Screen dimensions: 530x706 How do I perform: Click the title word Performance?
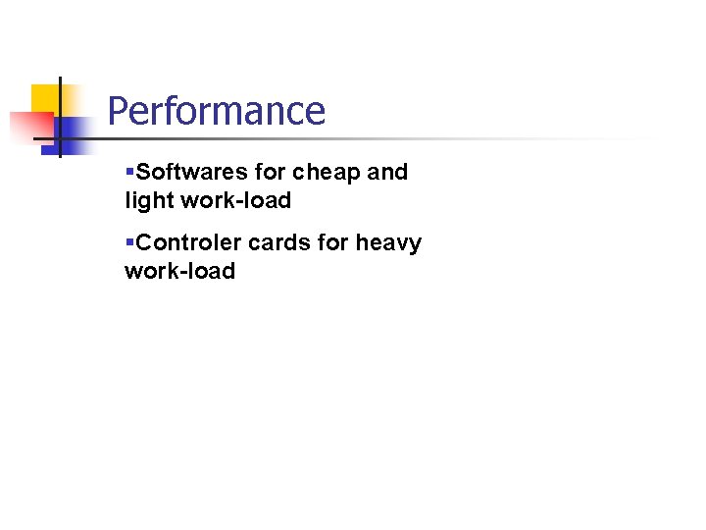[x=216, y=111]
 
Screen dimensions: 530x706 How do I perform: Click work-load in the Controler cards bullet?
[x=179, y=271]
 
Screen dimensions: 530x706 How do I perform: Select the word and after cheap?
[x=387, y=173]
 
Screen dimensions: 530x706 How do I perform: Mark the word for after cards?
[x=333, y=242]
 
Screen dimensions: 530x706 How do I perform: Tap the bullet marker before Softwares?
[x=129, y=173]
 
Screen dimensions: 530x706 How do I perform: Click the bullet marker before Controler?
[x=129, y=242]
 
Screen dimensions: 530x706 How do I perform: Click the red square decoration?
[x=29, y=128]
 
